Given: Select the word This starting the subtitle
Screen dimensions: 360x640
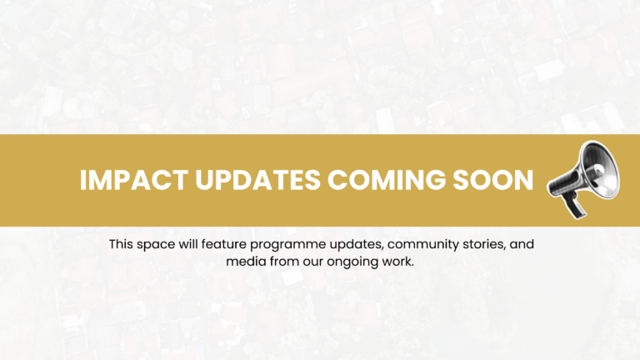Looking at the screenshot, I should click(x=122, y=245).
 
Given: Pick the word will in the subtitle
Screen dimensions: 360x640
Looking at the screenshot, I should click(x=194, y=245).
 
